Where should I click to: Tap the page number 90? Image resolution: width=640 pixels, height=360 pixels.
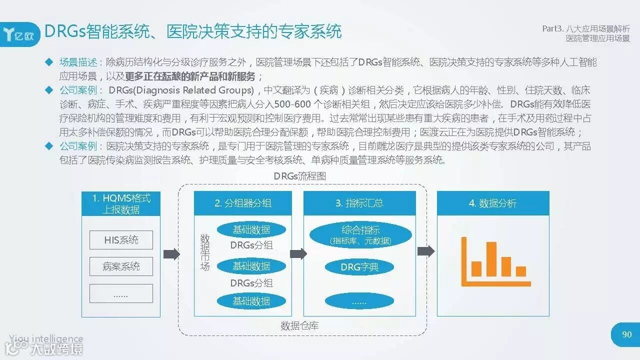626,334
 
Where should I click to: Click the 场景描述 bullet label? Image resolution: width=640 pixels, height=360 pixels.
78,62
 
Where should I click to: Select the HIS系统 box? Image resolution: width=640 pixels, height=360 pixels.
121,240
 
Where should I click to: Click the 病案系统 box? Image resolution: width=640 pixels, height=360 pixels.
121,266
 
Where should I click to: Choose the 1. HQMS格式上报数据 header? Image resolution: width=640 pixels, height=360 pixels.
121,203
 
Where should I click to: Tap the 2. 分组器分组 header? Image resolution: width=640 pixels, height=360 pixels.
243,203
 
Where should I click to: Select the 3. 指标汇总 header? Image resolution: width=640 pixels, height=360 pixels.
359,203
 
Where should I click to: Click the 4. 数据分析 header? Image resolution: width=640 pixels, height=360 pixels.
493,203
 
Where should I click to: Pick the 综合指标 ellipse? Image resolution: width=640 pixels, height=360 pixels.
360,234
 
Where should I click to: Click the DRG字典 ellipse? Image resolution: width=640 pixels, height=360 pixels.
359,267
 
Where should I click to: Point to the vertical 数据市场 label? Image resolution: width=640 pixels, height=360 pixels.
205,252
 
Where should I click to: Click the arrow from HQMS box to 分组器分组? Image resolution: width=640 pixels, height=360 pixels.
171,254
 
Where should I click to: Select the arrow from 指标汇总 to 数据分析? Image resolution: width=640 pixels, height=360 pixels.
426,251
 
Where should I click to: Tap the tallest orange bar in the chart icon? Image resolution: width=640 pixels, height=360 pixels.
491,259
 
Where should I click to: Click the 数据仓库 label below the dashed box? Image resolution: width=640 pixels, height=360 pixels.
299,326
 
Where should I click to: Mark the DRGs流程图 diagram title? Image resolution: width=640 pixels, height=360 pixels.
300,176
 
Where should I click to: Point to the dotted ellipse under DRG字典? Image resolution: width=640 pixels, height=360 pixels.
359,301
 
